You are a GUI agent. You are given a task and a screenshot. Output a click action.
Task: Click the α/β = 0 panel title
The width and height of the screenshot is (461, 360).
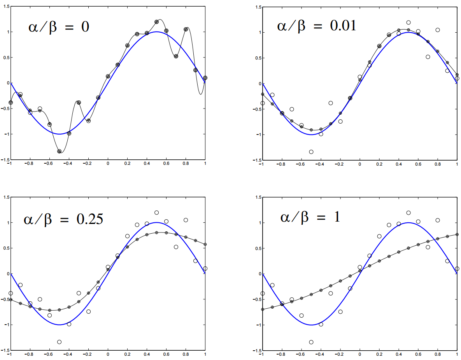click(58, 27)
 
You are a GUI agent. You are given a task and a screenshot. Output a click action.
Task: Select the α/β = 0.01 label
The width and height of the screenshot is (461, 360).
click(317, 26)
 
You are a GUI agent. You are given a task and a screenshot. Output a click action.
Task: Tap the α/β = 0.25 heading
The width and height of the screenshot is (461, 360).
click(63, 219)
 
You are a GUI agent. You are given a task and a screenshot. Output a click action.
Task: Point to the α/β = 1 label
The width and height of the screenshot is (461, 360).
click(310, 217)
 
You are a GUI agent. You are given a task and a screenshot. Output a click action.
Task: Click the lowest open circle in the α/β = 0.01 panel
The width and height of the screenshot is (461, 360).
click(311, 152)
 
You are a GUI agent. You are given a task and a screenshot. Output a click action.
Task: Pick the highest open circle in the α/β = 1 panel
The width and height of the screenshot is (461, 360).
click(408, 213)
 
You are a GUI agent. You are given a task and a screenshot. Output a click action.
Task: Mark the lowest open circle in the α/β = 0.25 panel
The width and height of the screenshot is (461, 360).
click(59, 342)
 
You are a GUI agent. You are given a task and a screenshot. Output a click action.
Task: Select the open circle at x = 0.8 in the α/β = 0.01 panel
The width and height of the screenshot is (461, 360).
click(438, 30)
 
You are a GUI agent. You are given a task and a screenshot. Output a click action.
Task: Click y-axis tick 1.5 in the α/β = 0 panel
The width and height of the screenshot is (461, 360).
click(5, 7)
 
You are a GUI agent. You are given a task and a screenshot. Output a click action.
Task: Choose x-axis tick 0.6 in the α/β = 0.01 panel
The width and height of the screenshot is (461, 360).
click(418, 164)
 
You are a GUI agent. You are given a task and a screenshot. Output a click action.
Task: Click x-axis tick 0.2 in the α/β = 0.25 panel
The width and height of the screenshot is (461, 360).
click(127, 355)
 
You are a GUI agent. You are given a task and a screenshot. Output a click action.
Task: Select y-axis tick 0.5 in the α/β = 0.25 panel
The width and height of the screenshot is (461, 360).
click(6, 248)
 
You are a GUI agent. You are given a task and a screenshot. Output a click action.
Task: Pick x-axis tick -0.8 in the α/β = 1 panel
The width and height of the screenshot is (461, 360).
click(281, 355)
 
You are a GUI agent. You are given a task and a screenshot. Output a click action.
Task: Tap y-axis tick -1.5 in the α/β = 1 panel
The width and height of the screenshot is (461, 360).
click(257, 351)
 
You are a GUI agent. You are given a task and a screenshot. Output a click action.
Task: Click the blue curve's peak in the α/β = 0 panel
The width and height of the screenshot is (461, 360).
click(156, 32)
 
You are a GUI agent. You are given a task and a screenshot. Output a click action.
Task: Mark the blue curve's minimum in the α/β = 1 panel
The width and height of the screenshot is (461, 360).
click(311, 325)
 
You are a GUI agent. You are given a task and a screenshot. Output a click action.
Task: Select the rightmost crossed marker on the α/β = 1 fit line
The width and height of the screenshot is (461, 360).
click(457, 234)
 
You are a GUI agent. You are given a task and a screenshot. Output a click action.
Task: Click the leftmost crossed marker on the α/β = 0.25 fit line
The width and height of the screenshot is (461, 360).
click(11, 299)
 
